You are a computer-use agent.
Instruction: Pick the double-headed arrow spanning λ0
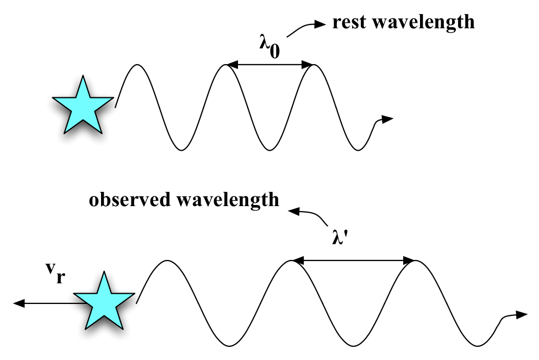[x=269, y=65]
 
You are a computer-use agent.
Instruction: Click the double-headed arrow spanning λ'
[x=354, y=261]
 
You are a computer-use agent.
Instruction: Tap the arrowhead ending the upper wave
[x=387, y=119]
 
